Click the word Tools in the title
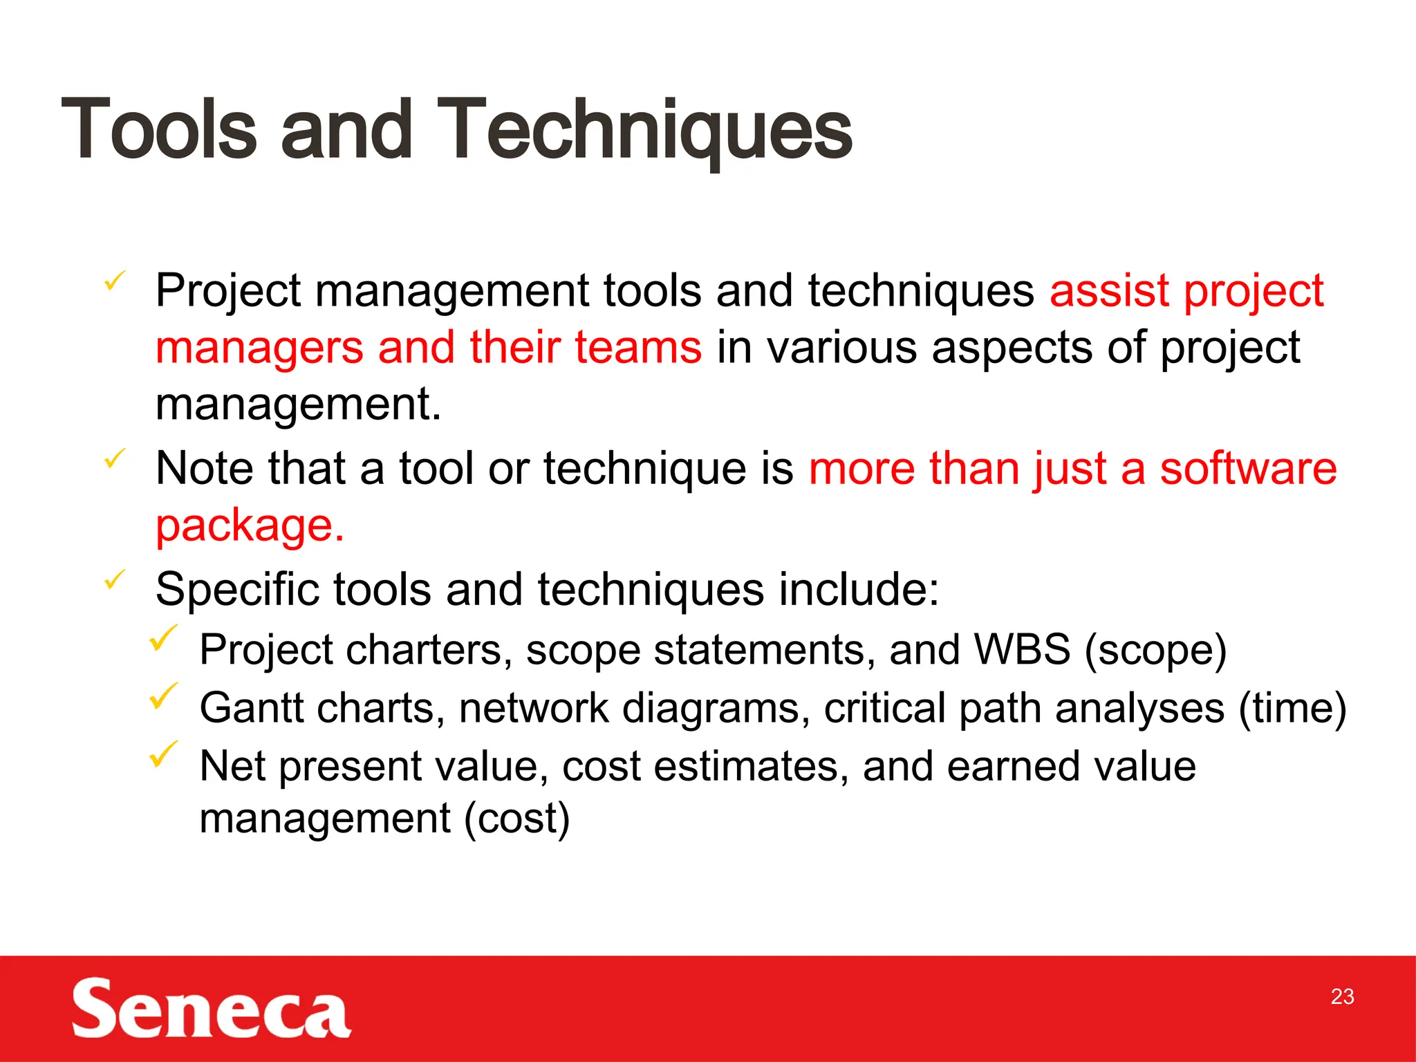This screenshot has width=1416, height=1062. [159, 130]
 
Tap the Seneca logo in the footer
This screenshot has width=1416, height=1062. [211, 1008]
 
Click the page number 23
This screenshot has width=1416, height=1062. [1342, 996]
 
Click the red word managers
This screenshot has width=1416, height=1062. [259, 348]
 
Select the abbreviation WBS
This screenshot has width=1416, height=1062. [1022, 650]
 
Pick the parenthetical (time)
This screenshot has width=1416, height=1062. [1292, 708]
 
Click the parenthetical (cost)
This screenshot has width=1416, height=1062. [516, 819]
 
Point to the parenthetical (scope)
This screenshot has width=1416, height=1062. [1155, 650]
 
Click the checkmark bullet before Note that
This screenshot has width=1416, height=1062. [115, 458]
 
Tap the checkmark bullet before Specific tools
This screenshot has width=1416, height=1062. [115, 579]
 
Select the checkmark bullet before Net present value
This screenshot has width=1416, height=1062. [163, 754]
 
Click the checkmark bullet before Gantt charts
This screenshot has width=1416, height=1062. [163, 696]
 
